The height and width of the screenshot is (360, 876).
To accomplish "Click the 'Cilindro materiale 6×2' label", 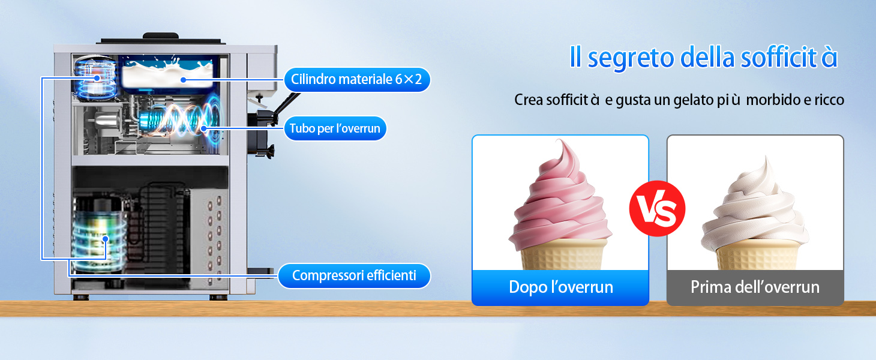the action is pos(356,79).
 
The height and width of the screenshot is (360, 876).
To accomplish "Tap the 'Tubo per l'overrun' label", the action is pos(335,128).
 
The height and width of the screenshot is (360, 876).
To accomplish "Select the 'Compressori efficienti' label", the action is pos(354,275).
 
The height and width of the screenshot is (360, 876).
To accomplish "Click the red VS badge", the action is pos(657,208).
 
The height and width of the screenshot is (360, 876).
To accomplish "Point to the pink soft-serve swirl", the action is pos(560,199).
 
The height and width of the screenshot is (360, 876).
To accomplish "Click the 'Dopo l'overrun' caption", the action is pos(561,287).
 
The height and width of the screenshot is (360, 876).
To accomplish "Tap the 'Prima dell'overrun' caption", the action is pos(755,287).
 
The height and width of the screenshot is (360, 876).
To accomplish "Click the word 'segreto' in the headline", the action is pos(631,58).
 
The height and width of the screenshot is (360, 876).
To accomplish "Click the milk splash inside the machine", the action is pos(167,74).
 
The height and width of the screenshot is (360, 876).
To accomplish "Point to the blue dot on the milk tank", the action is pos(184,80).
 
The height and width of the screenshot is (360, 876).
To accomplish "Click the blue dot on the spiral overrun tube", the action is pos(203,128).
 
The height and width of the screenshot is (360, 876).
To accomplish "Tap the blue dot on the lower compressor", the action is pos(105,239).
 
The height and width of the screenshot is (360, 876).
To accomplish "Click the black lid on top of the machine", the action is pos(161,38).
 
